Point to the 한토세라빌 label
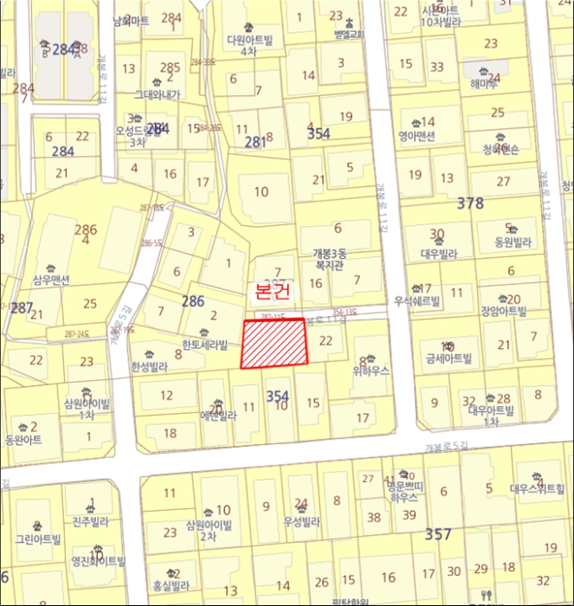click(x=204, y=345)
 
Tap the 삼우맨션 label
click(x=51, y=280)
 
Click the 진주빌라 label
click(x=88, y=523)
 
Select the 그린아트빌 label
click(x=38, y=538)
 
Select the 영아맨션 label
click(x=416, y=136)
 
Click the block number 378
click(x=470, y=203)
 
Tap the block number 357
click(x=438, y=534)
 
